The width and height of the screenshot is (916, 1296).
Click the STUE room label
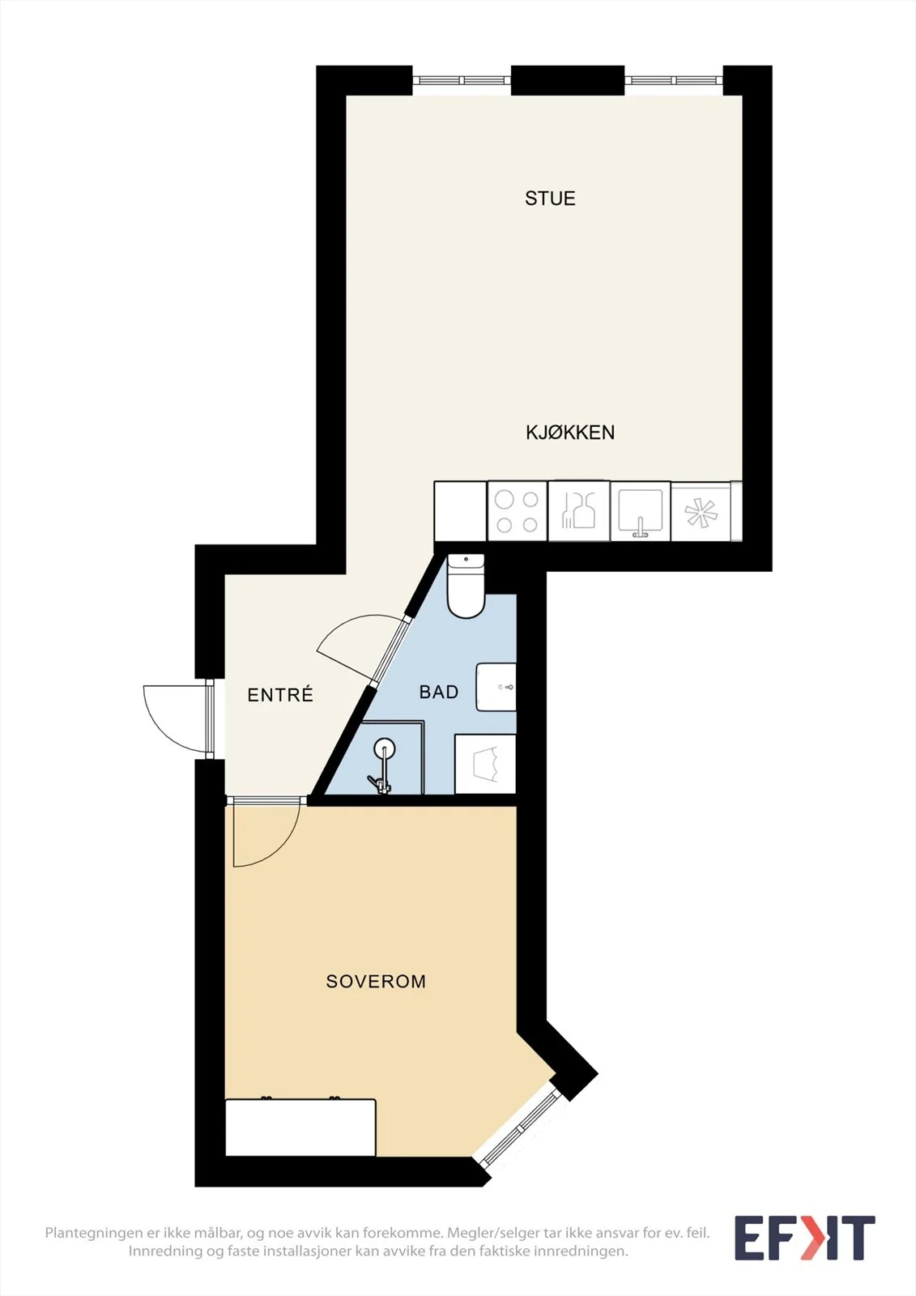[x=550, y=198]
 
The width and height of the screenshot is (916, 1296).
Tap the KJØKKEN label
[x=570, y=433]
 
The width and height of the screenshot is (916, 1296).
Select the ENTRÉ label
[x=280, y=694]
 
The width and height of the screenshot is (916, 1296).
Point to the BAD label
[x=439, y=692]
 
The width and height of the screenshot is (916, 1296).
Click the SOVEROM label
[x=376, y=981]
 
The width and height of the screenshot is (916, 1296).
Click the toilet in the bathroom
[x=466, y=586]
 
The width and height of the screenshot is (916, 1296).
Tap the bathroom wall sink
[x=496, y=688]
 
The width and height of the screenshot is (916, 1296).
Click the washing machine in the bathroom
[x=485, y=765]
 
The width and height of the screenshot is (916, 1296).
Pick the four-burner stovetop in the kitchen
[x=518, y=511]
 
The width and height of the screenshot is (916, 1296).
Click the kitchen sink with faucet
[x=640, y=511]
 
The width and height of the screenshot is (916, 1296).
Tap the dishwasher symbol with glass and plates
[x=578, y=511]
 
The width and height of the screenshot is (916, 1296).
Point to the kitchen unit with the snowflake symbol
[x=701, y=511]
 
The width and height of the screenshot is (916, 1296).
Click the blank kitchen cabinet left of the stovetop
[x=460, y=511]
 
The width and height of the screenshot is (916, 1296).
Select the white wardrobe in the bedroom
[x=300, y=1128]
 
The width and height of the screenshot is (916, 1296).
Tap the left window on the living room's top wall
[x=462, y=80]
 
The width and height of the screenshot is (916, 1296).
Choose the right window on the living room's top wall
[x=674, y=80]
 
